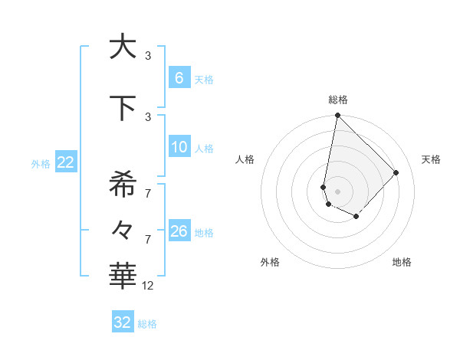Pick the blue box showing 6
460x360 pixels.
pyautogui.click(x=179, y=78)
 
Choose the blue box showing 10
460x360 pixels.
pyautogui.click(x=179, y=147)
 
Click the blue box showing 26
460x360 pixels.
pyautogui.click(x=179, y=231)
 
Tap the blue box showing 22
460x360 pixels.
pyautogui.click(x=66, y=162)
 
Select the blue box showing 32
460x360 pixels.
pyautogui.click(x=123, y=322)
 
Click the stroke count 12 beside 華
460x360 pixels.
pyautogui.click(x=148, y=286)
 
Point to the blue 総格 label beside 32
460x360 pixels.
pyautogui.click(x=147, y=324)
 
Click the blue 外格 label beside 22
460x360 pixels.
pyautogui.click(x=40, y=163)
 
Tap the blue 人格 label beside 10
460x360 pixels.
pyautogui.click(x=204, y=149)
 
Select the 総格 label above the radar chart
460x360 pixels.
pyautogui.click(x=337, y=100)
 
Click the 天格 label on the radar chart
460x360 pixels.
pyautogui.click(x=431, y=159)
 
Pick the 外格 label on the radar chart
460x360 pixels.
pyautogui.click(x=270, y=262)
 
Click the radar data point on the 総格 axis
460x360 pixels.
pyautogui.click(x=337, y=116)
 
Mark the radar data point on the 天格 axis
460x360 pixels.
pyautogui.click(x=396, y=172)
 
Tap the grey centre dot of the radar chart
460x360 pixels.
pyautogui.click(x=337, y=191)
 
